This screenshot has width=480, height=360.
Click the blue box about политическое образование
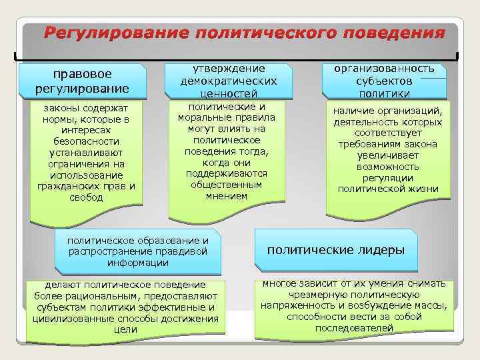coord(139,251)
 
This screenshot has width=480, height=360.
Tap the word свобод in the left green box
coord(86,197)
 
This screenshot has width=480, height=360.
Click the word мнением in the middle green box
coord(227,196)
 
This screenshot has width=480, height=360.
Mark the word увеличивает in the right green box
coord(388,155)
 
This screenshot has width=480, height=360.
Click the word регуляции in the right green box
coord(388,178)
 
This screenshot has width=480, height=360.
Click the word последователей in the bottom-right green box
coord(354,328)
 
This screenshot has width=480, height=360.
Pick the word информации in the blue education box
coord(139,263)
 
